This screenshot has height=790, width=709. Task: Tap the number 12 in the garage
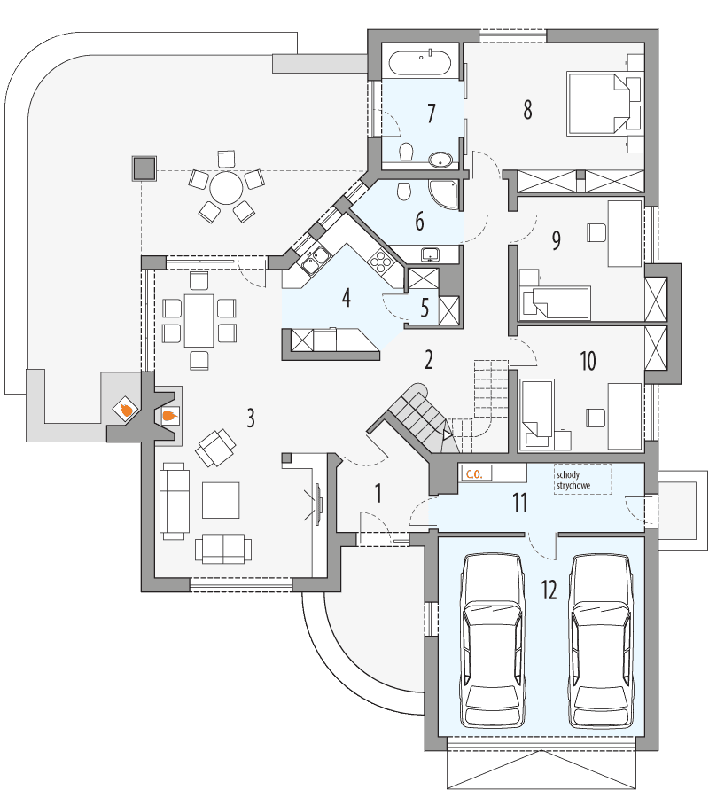click(x=549, y=590)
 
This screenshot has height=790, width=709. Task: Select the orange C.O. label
click(x=472, y=474)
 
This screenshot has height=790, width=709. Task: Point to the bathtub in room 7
click(x=421, y=63)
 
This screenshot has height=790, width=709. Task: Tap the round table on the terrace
click(x=226, y=187)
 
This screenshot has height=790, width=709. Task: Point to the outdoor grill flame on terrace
click(x=126, y=410)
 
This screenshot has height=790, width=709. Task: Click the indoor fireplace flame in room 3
click(x=168, y=413)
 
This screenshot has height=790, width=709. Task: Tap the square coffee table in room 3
click(x=220, y=499)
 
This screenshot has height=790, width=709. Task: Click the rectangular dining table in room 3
click(x=199, y=320)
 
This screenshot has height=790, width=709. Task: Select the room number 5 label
click(x=425, y=308)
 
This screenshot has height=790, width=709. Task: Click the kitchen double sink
click(x=313, y=259)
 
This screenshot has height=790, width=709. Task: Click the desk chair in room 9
click(x=596, y=233)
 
